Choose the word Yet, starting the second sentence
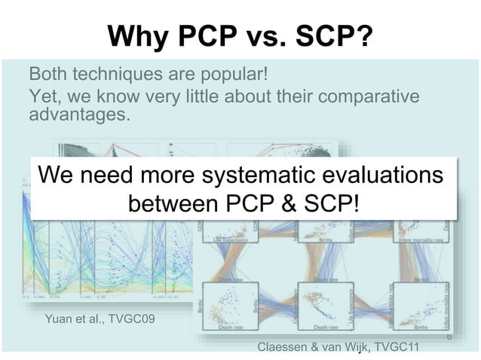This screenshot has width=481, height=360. [x=44, y=96]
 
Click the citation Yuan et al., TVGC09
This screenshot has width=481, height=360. [x=100, y=319]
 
